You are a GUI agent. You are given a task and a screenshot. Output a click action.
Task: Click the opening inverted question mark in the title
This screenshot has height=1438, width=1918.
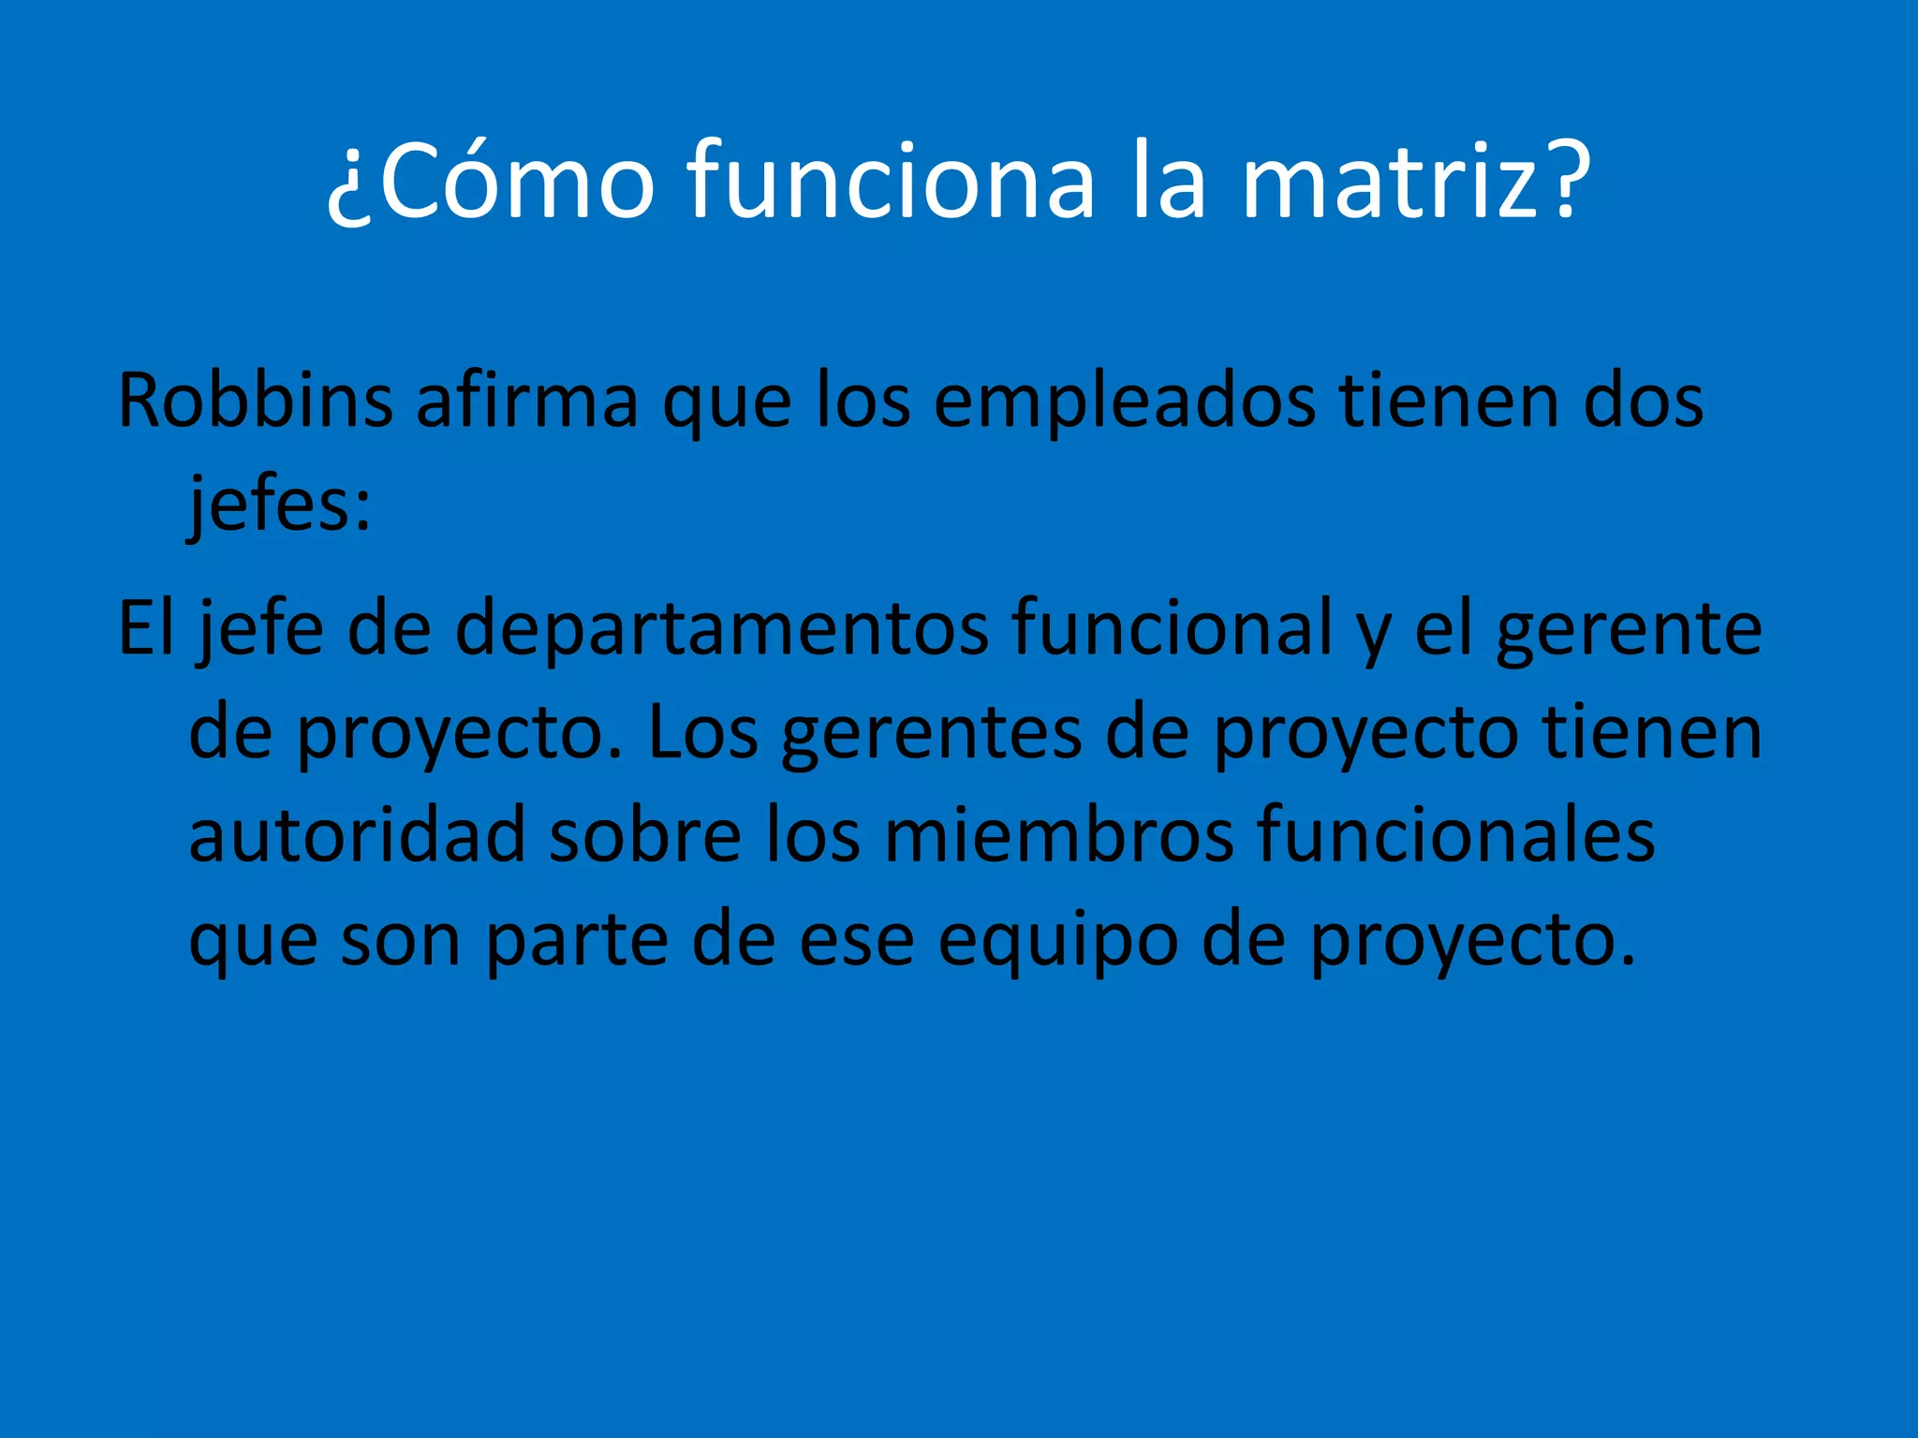point(350,187)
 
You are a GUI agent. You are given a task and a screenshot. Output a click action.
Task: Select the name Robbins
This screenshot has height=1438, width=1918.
point(255,401)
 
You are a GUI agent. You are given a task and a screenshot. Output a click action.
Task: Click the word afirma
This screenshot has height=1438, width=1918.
point(526,401)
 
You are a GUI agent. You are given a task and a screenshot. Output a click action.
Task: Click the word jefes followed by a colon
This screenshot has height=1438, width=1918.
point(279,506)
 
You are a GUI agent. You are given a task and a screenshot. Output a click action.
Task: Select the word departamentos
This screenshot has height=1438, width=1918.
point(721,629)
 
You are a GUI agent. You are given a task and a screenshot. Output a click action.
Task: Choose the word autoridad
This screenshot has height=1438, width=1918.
point(357,835)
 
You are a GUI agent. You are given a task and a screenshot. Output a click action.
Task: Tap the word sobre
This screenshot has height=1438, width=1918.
point(645,835)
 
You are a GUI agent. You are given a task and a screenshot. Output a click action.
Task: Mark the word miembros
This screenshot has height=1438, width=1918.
point(1059,835)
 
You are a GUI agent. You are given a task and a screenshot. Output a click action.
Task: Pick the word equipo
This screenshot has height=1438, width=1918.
point(1058,942)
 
